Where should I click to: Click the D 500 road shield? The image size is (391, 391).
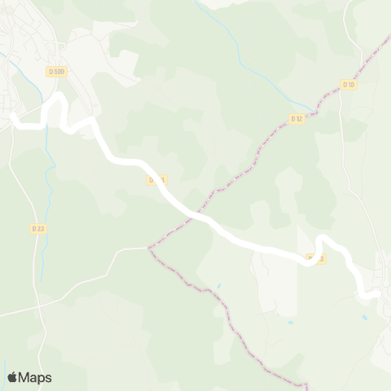click(x=57, y=72)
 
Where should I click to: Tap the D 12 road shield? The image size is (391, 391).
click(x=297, y=119)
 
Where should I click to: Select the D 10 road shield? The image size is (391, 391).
click(x=349, y=85)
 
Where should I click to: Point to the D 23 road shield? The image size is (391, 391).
click(x=38, y=229)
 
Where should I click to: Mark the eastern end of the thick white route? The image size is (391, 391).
click(x=375, y=295)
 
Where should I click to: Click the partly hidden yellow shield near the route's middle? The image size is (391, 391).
click(x=156, y=179)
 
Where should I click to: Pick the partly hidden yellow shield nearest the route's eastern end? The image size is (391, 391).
click(x=316, y=258)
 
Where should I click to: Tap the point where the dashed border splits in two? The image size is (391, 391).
click(x=149, y=247)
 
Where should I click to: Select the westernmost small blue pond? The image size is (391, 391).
click(x=218, y=287)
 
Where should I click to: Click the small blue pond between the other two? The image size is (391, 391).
click(x=291, y=322)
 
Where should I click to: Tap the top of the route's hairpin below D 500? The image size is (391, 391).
click(x=58, y=97)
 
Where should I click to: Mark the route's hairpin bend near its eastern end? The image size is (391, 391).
click(x=323, y=239)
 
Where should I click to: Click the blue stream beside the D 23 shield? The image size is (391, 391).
click(x=49, y=213)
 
